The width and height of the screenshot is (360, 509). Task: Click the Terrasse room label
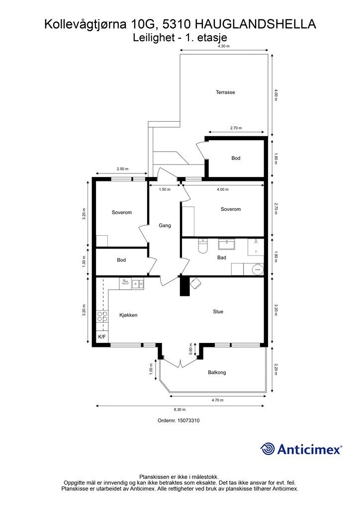[x=225, y=92]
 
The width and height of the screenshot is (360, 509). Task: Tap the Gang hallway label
[x=165, y=225]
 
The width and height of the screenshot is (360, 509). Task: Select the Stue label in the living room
[x=218, y=312]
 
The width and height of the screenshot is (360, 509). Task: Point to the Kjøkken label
[x=128, y=315]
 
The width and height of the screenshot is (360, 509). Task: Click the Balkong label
[x=217, y=372]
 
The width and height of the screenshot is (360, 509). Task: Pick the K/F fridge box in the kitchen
[x=102, y=337]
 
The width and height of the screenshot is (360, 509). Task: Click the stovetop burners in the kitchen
[x=102, y=317]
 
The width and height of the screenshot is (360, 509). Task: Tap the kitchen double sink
[x=138, y=284]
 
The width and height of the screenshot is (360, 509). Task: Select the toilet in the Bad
[x=202, y=246]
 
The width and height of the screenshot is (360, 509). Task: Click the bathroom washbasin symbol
[x=228, y=245]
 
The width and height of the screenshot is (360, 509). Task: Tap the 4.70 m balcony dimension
[x=217, y=400]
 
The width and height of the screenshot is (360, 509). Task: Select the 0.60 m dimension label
[x=191, y=349]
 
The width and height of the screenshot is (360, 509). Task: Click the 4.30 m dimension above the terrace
[x=224, y=46]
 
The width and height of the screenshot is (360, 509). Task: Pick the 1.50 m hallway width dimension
[x=165, y=189]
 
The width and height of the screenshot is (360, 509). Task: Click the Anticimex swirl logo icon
[x=268, y=449]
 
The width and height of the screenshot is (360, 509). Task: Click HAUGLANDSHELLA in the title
[x=256, y=24]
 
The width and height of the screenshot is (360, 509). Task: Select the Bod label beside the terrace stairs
[x=236, y=158]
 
